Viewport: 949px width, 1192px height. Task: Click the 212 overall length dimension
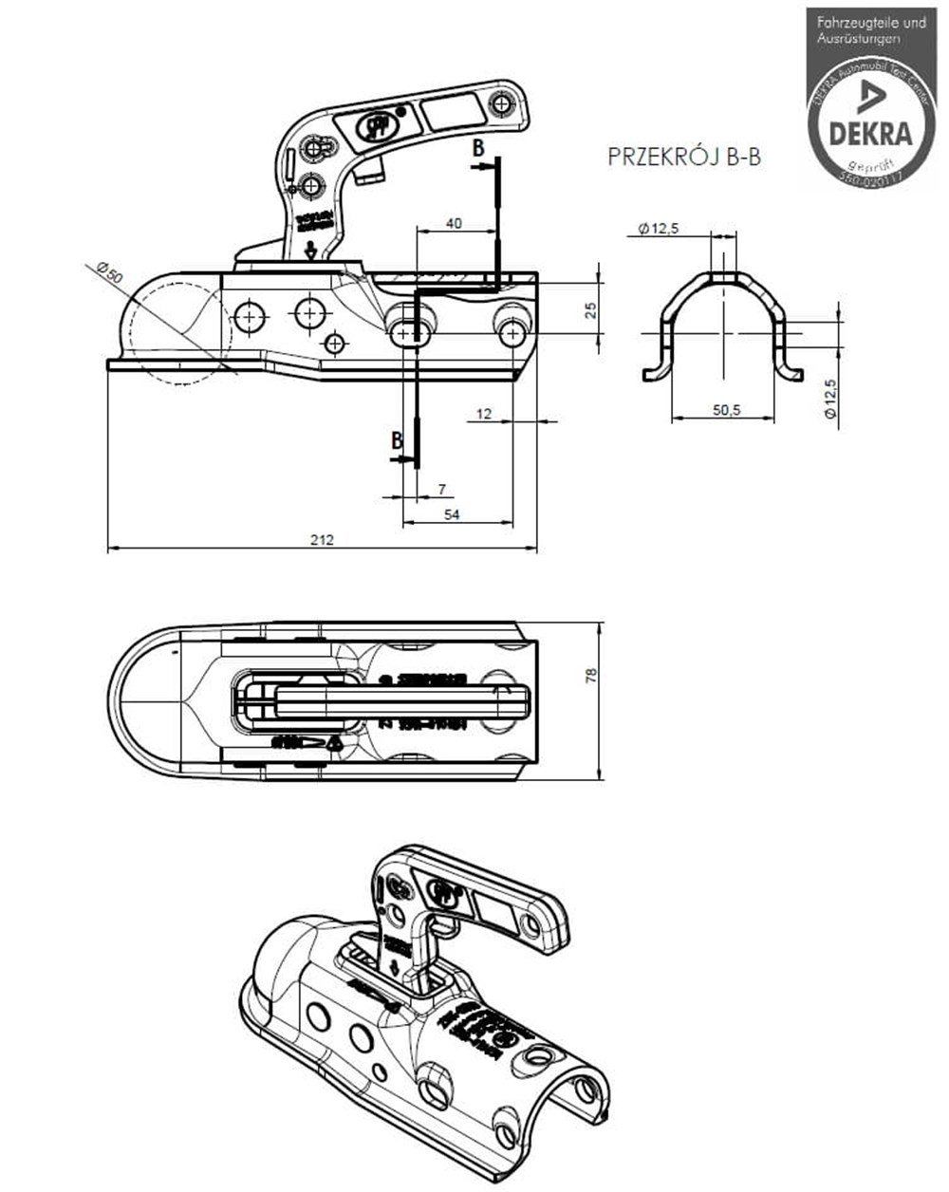click(322, 540)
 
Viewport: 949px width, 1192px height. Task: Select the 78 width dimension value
click(590, 675)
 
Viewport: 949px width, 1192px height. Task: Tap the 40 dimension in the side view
click(454, 223)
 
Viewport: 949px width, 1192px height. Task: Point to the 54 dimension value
click(452, 513)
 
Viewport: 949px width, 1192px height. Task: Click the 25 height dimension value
click(590, 310)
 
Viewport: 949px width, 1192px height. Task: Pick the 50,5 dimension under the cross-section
click(729, 409)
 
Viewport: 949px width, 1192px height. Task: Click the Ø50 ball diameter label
click(109, 271)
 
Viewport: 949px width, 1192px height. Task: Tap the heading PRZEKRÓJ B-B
click(683, 158)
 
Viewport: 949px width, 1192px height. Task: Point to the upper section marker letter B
click(479, 148)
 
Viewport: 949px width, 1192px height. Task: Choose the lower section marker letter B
click(398, 439)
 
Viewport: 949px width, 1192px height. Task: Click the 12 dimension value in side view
click(485, 413)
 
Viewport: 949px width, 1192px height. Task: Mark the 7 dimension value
click(442, 490)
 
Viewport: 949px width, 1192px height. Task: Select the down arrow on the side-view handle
click(309, 251)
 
